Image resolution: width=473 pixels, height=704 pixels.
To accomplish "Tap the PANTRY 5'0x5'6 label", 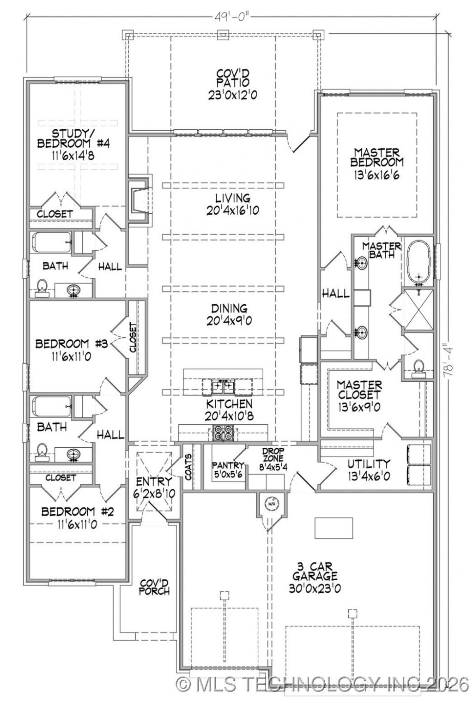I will point(227,469).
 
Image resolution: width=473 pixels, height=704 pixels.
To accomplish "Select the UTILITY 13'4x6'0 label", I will point(369,469).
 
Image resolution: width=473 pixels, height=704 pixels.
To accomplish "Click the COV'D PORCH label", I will point(155,586).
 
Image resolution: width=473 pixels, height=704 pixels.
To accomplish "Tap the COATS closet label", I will point(188,466).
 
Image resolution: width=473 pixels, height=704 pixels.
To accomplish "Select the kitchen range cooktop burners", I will point(223,433).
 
